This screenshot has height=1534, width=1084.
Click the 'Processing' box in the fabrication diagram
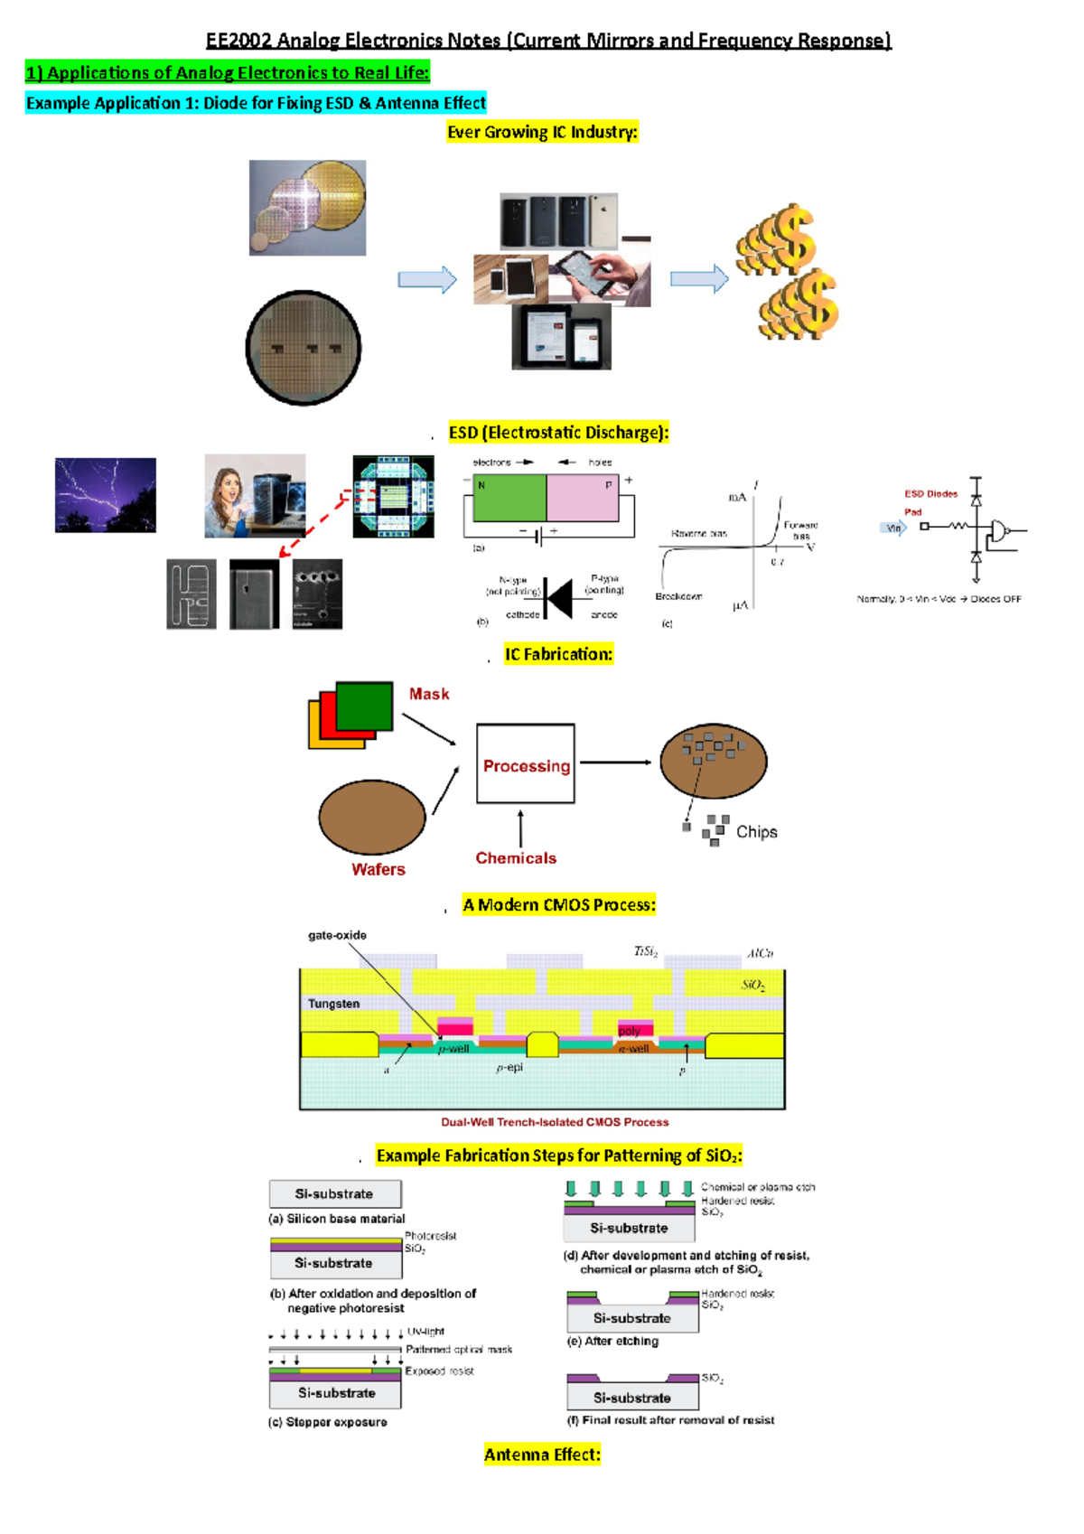526,764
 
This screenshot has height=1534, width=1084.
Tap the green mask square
365,706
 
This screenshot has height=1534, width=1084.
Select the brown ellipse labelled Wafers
372,818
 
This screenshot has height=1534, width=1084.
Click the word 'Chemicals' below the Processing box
516,858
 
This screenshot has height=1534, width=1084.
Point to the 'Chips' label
756,832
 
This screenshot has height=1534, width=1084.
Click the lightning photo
106,495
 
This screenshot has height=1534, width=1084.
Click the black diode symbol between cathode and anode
559,598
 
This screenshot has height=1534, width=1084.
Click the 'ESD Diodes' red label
930,494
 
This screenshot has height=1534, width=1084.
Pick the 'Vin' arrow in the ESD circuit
893,528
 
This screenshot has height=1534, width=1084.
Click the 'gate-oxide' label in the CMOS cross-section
337,935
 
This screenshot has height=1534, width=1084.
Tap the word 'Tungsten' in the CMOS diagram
333,1004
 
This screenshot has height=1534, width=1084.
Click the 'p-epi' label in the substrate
509,1068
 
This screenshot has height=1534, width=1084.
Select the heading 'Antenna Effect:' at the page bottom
542,1454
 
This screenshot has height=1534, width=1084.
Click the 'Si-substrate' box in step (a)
335,1194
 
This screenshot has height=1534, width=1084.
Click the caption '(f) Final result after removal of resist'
670,1420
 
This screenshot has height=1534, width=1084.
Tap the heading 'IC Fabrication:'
558,654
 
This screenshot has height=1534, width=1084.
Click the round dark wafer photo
304,348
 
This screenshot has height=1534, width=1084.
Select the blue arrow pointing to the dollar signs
698,279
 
